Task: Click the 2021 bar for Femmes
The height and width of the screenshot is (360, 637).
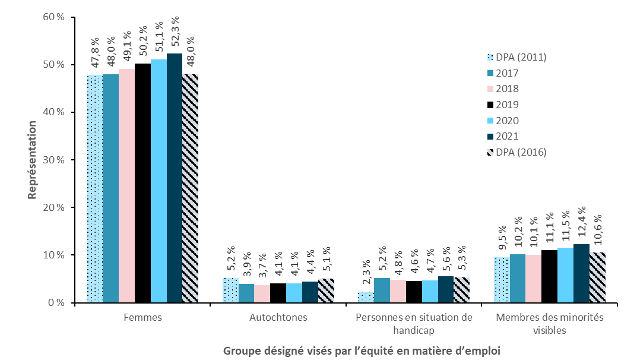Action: (x=175, y=178)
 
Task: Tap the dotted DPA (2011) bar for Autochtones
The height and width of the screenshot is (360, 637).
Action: (x=230, y=290)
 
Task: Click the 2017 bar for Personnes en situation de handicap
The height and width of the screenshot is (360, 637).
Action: (x=382, y=290)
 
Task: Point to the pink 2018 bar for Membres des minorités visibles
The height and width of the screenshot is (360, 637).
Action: (x=533, y=279)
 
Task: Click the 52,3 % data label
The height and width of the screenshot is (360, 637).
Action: (x=175, y=36)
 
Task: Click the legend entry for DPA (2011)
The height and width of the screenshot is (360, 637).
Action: (x=515, y=58)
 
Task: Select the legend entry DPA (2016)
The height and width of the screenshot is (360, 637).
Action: (x=515, y=152)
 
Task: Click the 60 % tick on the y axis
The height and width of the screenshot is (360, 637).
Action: (x=53, y=17)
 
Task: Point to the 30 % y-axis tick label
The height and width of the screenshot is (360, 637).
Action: (x=53, y=160)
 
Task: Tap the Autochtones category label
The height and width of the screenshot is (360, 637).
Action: (x=278, y=317)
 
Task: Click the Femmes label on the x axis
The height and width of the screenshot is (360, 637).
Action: (x=142, y=317)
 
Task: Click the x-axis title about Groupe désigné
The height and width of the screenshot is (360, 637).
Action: (x=362, y=350)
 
